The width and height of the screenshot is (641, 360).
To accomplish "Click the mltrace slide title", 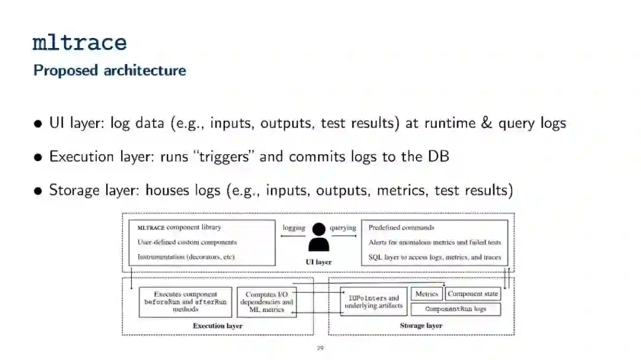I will (80, 43).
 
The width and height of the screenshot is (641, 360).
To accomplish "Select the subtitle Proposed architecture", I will (110, 70).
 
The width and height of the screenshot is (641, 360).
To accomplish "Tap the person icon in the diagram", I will (319, 237).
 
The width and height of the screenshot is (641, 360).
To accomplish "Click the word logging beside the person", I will (294, 228).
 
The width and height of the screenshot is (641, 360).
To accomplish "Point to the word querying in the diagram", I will (343, 228).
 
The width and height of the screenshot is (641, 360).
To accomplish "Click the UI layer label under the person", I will (319, 262).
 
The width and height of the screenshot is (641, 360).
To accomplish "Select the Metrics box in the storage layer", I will (427, 294).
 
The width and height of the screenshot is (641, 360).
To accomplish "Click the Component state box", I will (473, 294).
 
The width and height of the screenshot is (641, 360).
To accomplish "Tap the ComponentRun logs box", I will (456, 309).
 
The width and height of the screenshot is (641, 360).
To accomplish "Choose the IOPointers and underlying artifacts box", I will (374, 302).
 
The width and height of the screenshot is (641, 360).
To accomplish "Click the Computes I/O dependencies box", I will (266, 302).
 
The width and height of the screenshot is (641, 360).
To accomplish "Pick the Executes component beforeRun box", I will (185, 302).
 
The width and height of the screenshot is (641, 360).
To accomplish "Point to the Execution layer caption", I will (218, 326).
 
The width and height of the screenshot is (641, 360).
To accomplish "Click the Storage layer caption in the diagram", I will (421, 326).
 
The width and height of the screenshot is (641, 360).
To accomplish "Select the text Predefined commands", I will (401, 228).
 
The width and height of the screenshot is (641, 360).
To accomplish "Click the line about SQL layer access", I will (434, 257).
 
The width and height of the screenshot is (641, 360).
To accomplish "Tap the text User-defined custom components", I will (187, 242).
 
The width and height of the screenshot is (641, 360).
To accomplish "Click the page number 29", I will (320, 348).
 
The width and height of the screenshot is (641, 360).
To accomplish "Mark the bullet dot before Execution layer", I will (39, 158).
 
